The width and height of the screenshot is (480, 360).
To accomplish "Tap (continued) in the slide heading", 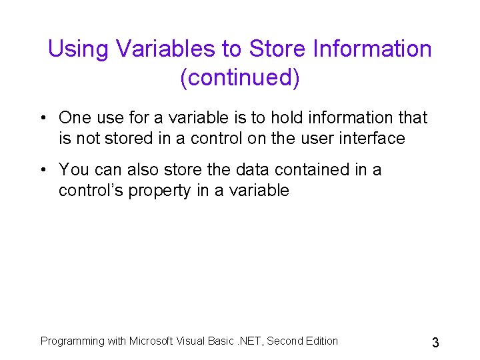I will point(240,78).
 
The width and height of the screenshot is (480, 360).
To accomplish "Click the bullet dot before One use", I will point(43,119).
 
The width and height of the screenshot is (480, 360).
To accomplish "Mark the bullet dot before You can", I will point(43,171).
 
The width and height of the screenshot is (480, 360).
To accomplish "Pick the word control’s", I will point(91,191).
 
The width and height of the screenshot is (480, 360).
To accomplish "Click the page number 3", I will point(435,343).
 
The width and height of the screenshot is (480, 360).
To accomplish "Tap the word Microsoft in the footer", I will point(153,341).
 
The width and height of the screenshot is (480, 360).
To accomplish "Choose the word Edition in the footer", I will point(321,341).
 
